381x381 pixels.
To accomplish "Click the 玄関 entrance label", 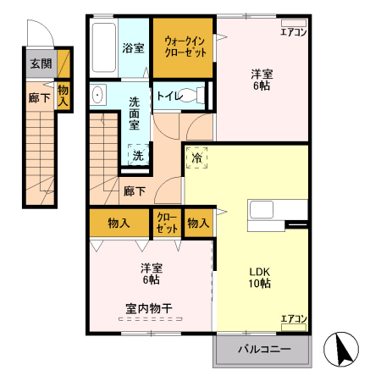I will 40,64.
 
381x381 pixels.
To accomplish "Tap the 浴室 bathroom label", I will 132,48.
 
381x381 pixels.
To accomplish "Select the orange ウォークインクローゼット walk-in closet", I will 184,47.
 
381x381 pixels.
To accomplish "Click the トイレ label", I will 166,96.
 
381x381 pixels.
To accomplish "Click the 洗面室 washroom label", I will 135,113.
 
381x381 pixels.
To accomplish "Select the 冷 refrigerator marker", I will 197,157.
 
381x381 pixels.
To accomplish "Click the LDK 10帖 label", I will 259,277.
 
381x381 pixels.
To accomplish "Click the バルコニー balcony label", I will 263,349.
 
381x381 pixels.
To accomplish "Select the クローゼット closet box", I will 167,224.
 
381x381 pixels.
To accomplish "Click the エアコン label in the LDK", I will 293,318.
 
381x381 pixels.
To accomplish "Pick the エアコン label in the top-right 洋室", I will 293,33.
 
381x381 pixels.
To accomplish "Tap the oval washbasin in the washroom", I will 97,95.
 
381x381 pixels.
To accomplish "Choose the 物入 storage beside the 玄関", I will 63,94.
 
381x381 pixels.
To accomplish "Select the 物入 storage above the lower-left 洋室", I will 119,224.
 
